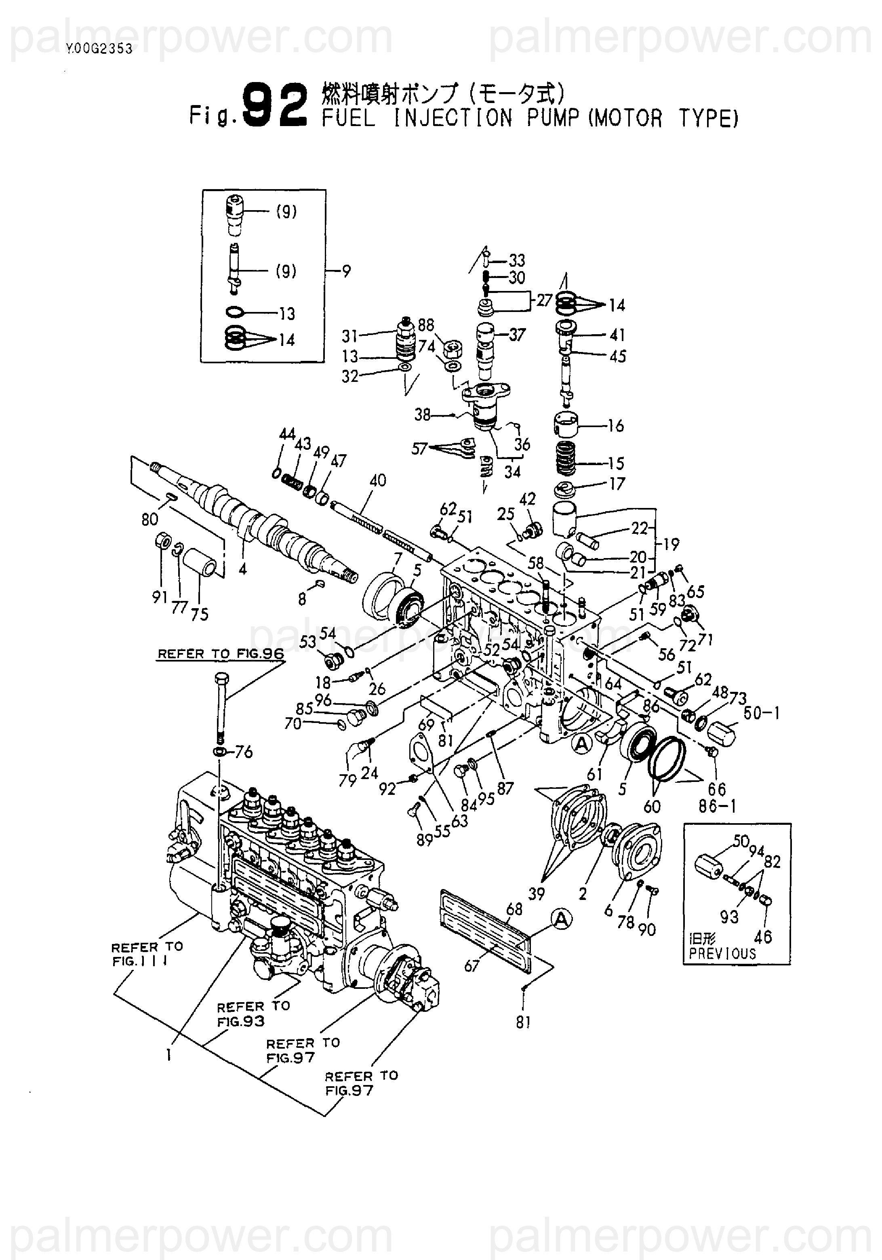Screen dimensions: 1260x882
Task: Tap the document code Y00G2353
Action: coord(99,49)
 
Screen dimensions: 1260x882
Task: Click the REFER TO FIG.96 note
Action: coord(221,653)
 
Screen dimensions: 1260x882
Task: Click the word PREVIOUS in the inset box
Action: coord(722,954)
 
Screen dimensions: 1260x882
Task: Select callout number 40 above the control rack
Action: coord(378,480)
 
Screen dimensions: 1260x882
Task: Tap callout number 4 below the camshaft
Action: coord(242,569)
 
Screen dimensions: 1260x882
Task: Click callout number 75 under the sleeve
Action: coord(199,614)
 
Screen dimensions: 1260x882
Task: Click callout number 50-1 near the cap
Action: coord(762,713)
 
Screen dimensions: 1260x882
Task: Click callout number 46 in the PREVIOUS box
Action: coord(763,936)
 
